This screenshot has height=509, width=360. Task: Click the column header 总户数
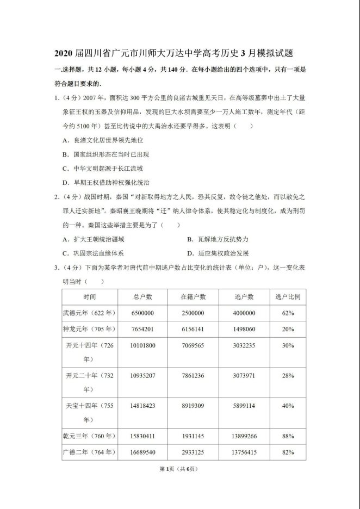coord(142,297)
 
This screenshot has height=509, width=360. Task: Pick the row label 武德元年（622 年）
coord(90,313)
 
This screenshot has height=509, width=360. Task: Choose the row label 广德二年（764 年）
coord(90,452)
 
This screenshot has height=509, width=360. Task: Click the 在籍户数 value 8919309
coord(193,405)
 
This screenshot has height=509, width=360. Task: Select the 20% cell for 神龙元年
coord(288,329)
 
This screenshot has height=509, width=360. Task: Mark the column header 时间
coord(90,297)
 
